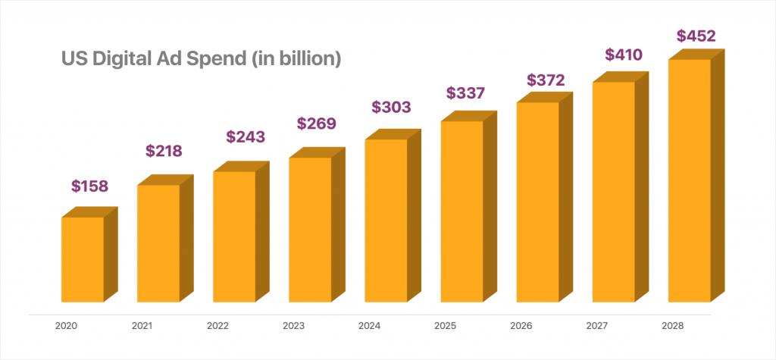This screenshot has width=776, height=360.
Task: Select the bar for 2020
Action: [83, 259]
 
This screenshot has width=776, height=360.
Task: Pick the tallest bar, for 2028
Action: [689, 180]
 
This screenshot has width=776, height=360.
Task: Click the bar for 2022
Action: [234, 236]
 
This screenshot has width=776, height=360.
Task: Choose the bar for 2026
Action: [537, 202]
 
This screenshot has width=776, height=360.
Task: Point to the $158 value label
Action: [90, 186]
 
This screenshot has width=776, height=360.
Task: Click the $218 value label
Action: [164, 151]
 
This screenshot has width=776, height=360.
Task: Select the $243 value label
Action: [246, 137]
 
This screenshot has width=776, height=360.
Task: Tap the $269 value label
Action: [316, 123]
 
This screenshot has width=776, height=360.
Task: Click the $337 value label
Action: [465, 93]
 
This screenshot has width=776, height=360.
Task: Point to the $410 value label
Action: [623, 55]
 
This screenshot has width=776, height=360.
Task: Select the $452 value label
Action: [695, 36]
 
